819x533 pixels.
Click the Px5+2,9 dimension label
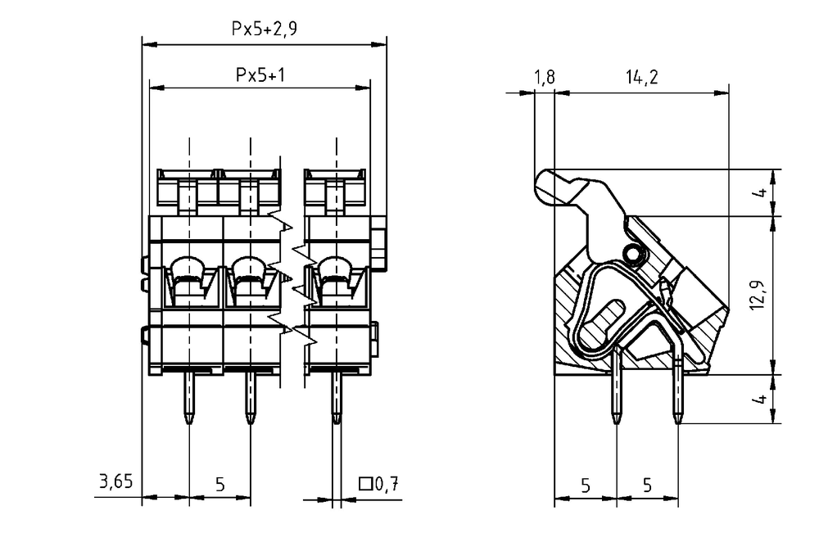(x=265, y=29)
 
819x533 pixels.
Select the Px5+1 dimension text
(x=260, y=75)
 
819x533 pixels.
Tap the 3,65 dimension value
(x=116, y=481)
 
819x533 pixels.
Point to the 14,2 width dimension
(x=642, y=77)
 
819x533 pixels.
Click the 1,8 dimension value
(x=545, y=77)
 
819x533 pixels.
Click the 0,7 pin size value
(x=387, y=485)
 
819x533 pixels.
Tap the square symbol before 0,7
(x=365, y=484)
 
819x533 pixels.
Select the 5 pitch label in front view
(x=219, y=485)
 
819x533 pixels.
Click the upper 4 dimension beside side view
(x=762, y=192)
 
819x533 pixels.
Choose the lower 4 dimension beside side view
(x=762, y=399)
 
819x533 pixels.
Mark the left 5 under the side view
(x=586, y=486)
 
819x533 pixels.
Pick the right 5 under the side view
(x=648, y=486)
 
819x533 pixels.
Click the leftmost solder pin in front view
(x=189, y=397)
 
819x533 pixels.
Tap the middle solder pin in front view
(x=251, y=397)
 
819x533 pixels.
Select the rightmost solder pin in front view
(x=337, y=397)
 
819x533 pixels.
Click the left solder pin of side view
(x=617, y=386)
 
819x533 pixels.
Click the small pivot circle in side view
(x=633, y=255)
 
